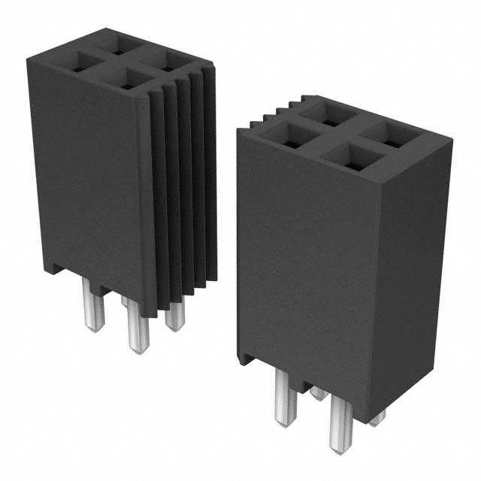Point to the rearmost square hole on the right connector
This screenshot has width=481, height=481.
[327, 114]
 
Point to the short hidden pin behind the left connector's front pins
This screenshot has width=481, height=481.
[124, 301]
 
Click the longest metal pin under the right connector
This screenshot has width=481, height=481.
[340, 423]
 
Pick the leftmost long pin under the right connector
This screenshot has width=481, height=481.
[284, 398]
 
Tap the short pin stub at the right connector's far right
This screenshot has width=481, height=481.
[377, 417]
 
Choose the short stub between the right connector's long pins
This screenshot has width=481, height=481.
[319, 392]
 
